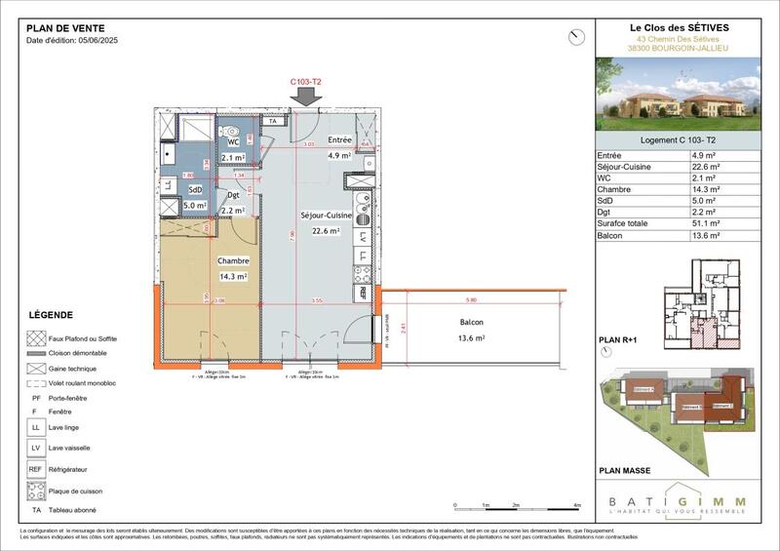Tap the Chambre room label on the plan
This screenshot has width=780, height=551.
pyautogui.click(x=233, y=261)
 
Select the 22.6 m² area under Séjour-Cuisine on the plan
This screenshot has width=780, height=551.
pyautogui.click(x=326, y=231)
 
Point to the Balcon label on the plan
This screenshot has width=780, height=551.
pyautogui.click(x=471, y=322)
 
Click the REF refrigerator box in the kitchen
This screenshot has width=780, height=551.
pyautogui.click(x=364, y=292)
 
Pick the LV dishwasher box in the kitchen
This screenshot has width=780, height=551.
pyautogui.click(x=364, y=236)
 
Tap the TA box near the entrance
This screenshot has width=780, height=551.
pyautogui.click(x=274, y=121)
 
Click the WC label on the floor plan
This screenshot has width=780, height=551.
pyautogui.click(x=233, y=142)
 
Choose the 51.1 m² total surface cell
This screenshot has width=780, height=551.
pyautogui.click(x=707, y=223)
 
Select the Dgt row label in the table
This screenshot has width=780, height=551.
pyautogui.click(x=607, y=212)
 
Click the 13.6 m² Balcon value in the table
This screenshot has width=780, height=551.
pyautogui.click(x=707, y=235)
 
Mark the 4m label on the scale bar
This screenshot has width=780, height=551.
pyautogui.click(x=578, y=505)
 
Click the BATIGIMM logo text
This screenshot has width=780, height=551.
pyautogui.click(x=677, y=501)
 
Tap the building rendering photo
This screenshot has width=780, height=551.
pyautogui.click(x=677, y=94)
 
